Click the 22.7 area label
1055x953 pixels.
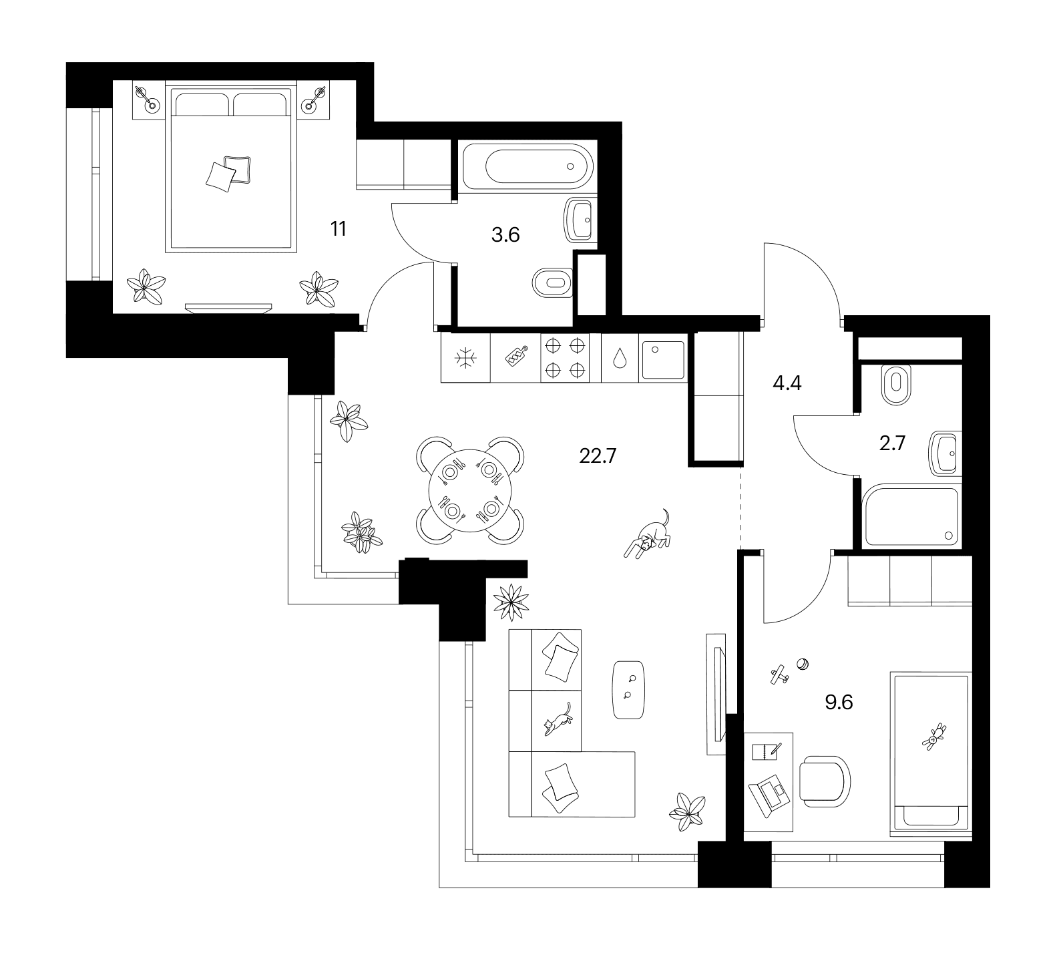[x=597, y=457]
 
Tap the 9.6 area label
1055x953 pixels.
[x=839, y=703]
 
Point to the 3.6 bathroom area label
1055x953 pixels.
[x=505, y=234]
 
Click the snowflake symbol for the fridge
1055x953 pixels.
[x=465, y=358]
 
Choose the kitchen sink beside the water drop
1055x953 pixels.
[x=662, y=359]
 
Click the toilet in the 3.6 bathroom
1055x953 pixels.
[x=553, y=282]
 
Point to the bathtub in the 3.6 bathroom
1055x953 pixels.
[x=538, y=166]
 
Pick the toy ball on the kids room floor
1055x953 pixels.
[x=803, y=664]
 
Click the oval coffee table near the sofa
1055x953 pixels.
[x=629, y=690]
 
